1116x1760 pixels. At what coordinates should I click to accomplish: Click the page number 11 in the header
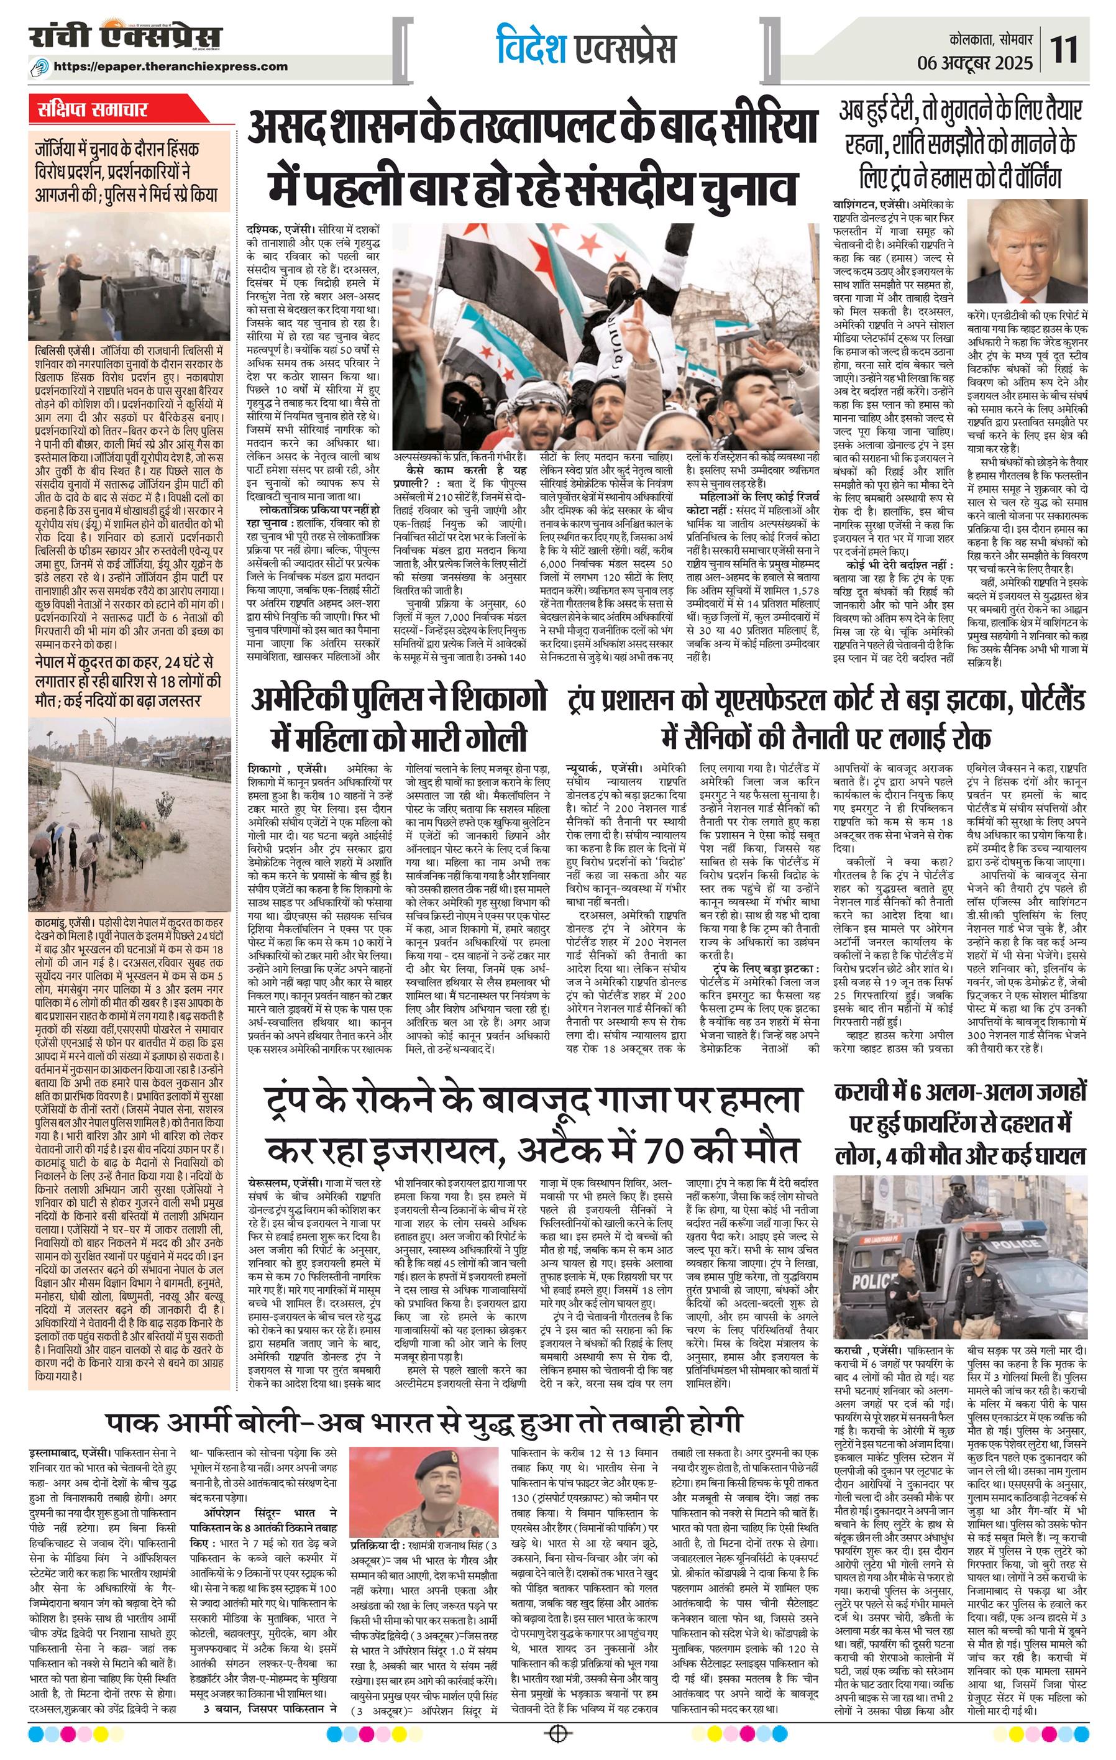1064,51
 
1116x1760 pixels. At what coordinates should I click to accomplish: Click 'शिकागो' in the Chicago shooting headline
481,700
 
